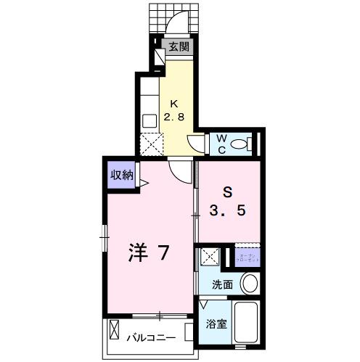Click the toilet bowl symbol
pyautogui.click(x=240, y=144)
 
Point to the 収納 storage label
pyautogui.click(x=121, y=174)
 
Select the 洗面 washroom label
pyautogui.click(x=222, y=284)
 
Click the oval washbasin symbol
pyautogui.click(x=250, y=283)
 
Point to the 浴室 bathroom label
pyautogui.click(x=216, y=324)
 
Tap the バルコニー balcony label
pyautogui.click(x=152, y=338)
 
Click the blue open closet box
pyautogui.click(x=247, y=257)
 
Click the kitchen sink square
pyautogui.click(x=150, y=120)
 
